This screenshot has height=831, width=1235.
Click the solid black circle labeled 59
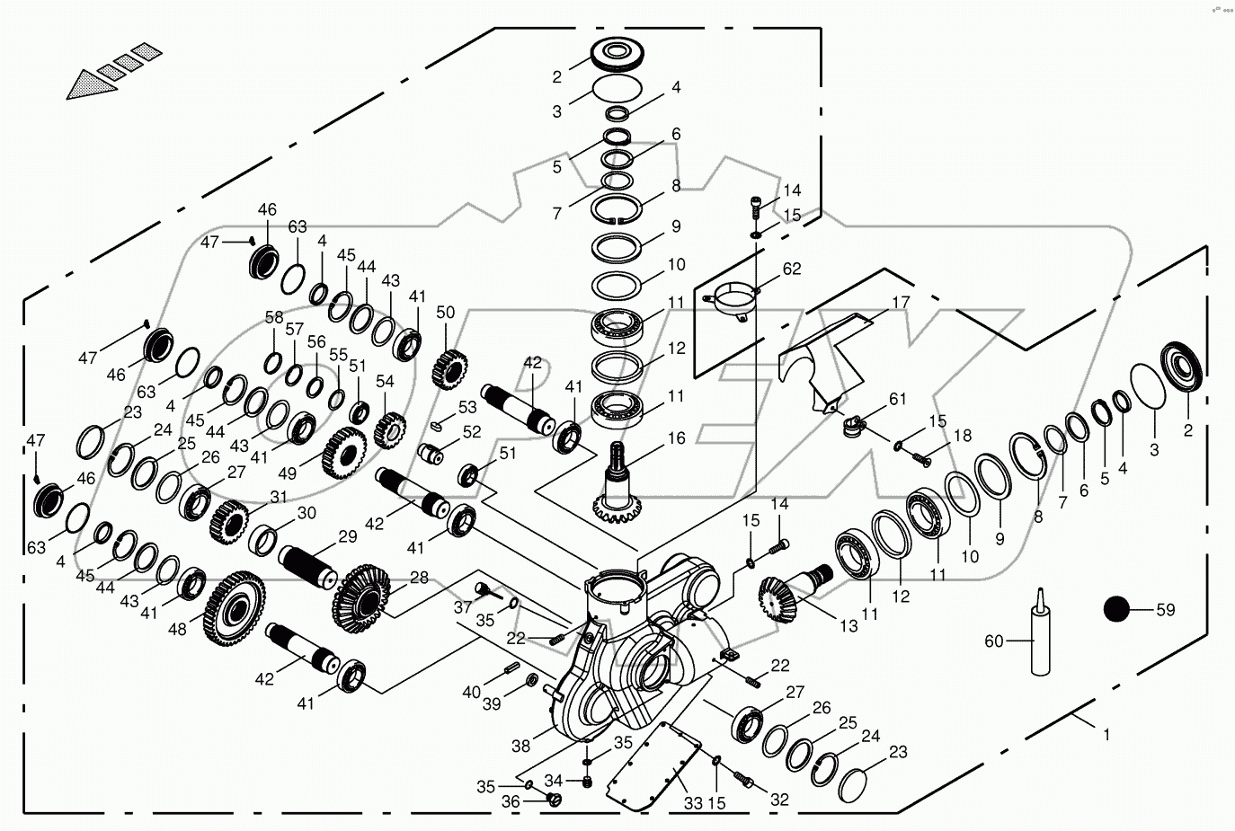pos(1115,610)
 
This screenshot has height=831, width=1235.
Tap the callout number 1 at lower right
pos(1106,735)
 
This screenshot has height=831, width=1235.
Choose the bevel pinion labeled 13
pos(783,597)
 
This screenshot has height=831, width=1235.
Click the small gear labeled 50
pos(450,366)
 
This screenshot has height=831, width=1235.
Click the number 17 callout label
pos(900,303)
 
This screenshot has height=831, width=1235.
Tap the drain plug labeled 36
pos(555,800)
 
